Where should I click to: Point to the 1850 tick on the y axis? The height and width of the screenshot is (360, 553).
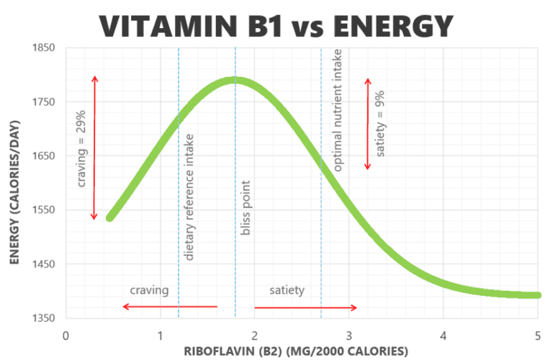(43, 48)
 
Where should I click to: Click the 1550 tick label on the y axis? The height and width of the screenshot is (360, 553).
(43, 210)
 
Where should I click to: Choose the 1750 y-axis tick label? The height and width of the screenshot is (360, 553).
(43, 102)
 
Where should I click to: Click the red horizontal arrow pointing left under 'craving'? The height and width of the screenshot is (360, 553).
(169, 307)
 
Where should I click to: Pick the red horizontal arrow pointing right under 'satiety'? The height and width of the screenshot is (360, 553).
(305, 307)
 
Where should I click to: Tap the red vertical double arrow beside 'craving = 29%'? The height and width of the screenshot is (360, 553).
(94, 148)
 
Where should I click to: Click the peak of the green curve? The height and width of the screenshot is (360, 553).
(234, 80)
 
